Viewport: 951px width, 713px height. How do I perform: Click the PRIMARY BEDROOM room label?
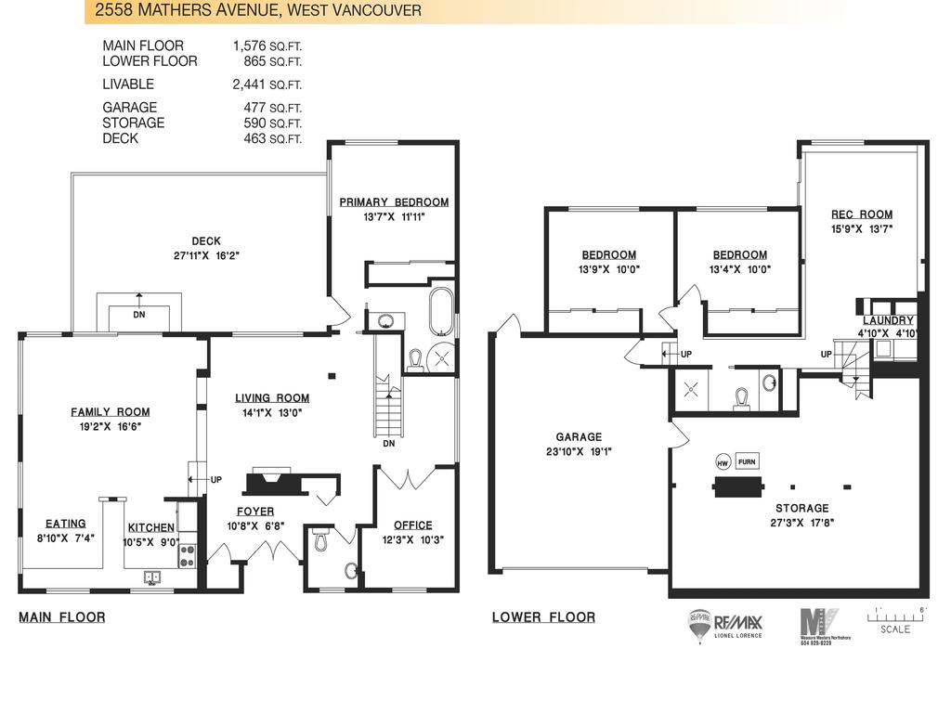(x=394, y=202)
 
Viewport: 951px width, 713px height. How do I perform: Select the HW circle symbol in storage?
(x=722, y=462)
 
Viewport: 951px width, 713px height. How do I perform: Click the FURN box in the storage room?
(x=747, y=461)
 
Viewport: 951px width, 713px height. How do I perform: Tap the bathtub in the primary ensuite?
(x=441, y=310)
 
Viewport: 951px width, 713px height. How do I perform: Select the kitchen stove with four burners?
(x=187, y=555)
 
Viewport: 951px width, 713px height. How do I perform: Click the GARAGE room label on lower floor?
(x=579, y=437)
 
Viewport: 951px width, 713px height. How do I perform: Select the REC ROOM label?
(x=861, y=214)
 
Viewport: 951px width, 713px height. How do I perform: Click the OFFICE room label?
(x=412, y=525)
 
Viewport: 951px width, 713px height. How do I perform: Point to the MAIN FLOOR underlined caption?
(x=62, y=617)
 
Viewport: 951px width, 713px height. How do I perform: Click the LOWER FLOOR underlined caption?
(x=543, y=617)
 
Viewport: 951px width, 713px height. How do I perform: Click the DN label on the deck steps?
(x=139, y=314)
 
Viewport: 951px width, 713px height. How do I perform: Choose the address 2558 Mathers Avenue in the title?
(x=186, y=11)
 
